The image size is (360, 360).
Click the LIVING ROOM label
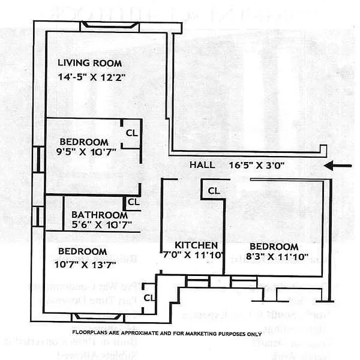coord(89,63)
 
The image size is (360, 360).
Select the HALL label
coord(202,164)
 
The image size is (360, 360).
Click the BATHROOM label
coord(99,215)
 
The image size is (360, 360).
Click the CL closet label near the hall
coord(214,191)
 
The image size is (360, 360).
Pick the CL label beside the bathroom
coord(133,202)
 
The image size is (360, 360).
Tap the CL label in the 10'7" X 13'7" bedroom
coord(150,296)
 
